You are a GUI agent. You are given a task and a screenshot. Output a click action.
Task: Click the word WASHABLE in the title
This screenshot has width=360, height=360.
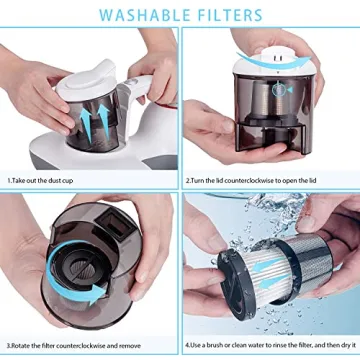click(143, 15)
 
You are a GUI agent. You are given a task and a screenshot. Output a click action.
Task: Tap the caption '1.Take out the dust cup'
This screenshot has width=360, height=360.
click(40, 181)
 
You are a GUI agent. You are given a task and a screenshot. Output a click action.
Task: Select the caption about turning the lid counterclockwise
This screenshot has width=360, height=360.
click(251, 181)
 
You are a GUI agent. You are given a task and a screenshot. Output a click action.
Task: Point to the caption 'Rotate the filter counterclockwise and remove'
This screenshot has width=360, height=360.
click(76, 345)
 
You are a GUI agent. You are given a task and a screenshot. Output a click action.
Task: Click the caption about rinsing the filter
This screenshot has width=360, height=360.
click(270, 345)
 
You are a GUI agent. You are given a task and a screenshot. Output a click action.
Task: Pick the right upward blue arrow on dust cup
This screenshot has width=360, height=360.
click(104, 121)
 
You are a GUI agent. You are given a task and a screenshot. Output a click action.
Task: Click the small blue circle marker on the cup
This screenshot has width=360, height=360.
click(277, 90)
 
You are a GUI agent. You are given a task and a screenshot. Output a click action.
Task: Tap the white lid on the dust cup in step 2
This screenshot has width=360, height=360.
click(273, 62)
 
